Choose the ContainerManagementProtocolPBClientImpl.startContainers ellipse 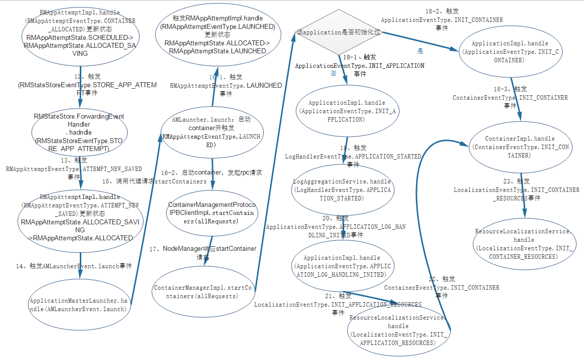pos(212,213)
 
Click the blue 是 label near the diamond pos(420,51)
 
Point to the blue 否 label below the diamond pos(333,73)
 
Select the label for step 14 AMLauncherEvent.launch pos(74,266)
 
